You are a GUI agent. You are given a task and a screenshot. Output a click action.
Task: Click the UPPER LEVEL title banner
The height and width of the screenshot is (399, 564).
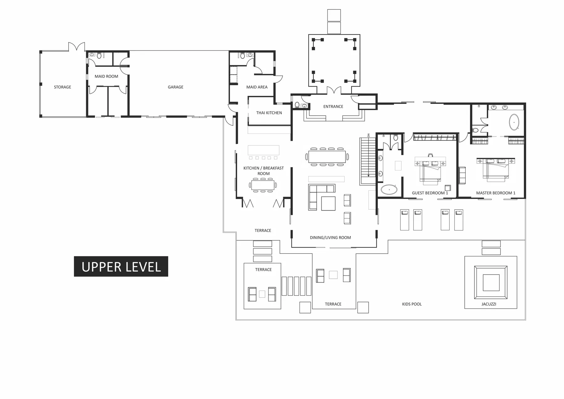click(x=121, y=266)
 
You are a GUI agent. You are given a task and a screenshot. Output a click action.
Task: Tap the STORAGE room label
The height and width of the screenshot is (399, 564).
click(x=62, y=87)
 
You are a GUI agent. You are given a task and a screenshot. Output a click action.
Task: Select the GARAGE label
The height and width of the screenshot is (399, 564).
click(x=175, y=87)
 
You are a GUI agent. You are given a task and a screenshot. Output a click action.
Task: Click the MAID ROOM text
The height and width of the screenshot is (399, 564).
click(x=106, y=76)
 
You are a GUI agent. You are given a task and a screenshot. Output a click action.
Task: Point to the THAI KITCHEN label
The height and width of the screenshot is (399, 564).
click(x=269, y=113)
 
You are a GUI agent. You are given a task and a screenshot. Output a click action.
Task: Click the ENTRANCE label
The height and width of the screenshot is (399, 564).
click(x=333, y=107)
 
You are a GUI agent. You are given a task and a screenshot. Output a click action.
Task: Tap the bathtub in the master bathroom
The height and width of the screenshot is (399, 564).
click(x=514, y=122)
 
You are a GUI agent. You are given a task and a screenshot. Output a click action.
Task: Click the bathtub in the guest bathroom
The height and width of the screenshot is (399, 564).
click(x=389, y=190)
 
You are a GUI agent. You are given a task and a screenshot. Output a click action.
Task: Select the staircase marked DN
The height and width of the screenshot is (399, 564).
click(x=368, y=160)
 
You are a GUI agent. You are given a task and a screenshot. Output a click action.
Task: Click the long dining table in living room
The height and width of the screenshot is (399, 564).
click(x=327, y=156)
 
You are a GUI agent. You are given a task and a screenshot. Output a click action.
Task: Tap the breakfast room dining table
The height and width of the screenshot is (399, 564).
click(x=263, y=185)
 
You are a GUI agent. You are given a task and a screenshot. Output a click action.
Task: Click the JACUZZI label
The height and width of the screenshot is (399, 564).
click(x=488, y=304)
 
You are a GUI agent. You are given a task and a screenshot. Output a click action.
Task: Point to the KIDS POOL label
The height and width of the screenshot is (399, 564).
click(x=412, y=304)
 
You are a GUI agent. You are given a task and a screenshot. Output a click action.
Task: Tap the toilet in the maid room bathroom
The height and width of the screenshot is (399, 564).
click(x=99, y=56)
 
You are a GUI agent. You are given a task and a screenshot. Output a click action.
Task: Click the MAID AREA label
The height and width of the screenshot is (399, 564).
click(x=257, y=87)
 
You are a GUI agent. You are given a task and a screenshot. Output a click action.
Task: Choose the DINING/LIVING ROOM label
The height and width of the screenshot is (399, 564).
click(x=330, y=238)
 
